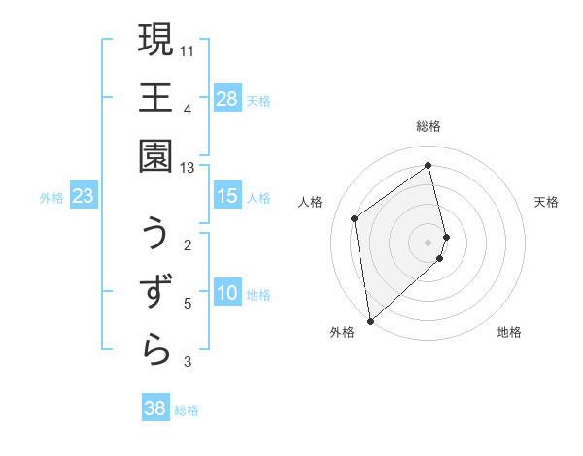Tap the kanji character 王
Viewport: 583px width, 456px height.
point(155,98)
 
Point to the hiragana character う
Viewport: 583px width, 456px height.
point(155,234)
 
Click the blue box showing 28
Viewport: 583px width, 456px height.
point(227,99)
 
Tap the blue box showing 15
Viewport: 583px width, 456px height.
point(227,196)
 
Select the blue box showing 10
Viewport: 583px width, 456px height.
point(227,293)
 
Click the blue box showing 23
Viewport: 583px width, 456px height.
point(84,196)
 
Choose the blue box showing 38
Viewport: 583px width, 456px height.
point(155,408)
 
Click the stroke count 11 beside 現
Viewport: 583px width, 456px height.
point(188,50)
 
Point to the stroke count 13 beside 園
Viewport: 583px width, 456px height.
point(188,168)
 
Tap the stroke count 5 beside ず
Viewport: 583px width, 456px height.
point(188,304)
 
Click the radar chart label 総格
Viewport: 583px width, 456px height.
point(429,126)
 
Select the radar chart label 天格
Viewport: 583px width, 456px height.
point(546,202)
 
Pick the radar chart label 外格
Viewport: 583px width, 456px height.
point(341,332)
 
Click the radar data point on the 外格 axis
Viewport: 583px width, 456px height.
point(370,320)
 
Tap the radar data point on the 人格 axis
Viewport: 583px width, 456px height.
point(355,218)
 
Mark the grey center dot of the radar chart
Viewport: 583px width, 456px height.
point(429,242)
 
